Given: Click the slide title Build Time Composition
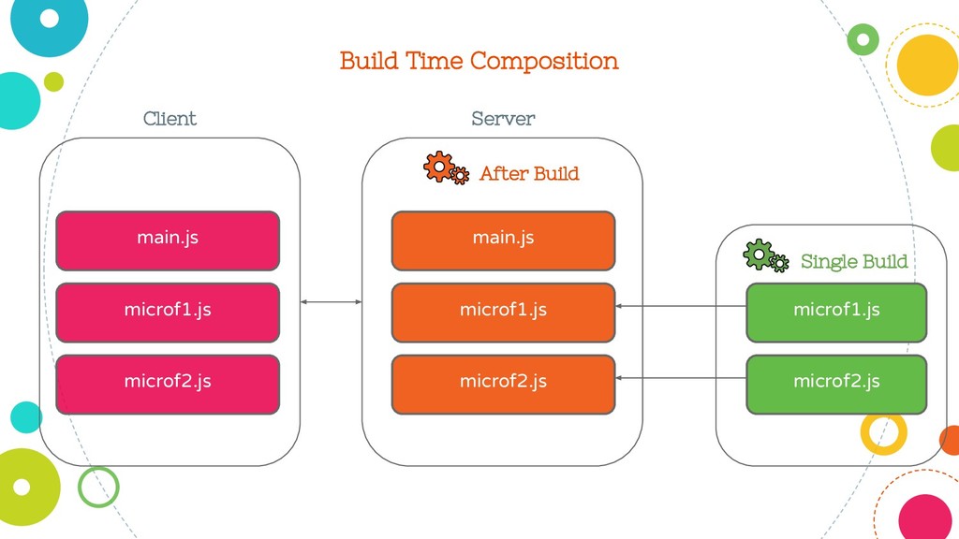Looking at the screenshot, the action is (479, 61).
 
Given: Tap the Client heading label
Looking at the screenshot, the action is (170, 118).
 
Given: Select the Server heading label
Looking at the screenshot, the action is (503, 118).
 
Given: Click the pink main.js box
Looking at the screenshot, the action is (168, 240).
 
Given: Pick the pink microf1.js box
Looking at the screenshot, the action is (168, 313).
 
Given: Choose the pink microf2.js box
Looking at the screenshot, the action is (168, 385).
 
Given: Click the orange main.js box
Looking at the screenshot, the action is (503, 240).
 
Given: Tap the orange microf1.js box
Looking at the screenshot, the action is (503, 313).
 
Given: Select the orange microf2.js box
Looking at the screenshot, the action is (503, 385).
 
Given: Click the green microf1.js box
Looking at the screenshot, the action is (836, 313).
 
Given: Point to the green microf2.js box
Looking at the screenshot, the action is (836, 385).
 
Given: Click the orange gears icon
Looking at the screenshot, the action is (447, 168).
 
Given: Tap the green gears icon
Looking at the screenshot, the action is (766, 255).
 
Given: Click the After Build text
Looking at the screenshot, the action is (529, 173).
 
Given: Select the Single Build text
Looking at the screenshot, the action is (854, 262).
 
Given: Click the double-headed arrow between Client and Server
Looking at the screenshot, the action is (331, 302).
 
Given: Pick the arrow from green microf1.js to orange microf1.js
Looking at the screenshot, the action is (681, 306).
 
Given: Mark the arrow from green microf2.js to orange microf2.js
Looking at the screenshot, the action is (681, 378).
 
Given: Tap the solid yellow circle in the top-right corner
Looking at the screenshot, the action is (927, 65).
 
